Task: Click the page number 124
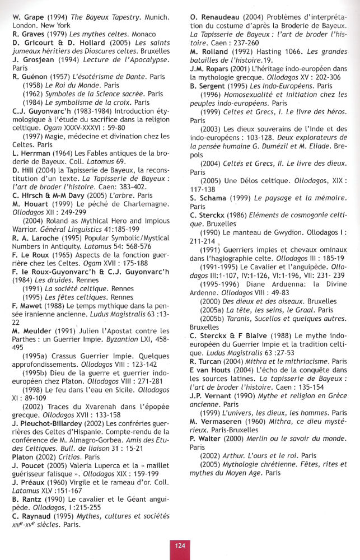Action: (x=179, y=545)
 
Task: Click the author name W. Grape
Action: (x=28, y=17)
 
